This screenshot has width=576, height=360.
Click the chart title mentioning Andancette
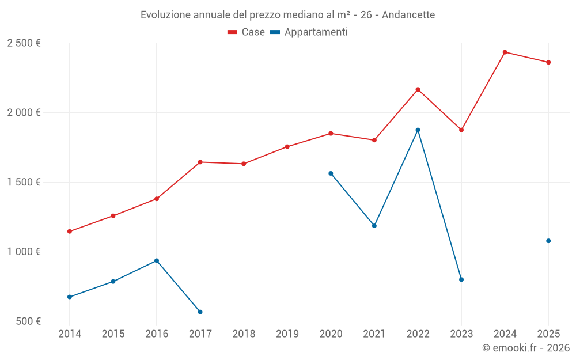[x=287, y=14]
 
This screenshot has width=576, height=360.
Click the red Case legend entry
[x=247, y=32]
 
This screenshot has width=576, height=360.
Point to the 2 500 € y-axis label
[x=24, y=43]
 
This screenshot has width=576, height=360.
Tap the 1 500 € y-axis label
[x=24, y=182]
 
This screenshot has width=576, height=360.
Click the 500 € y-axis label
[x=28, y=321]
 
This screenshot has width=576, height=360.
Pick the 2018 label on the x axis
[x=244, y=334]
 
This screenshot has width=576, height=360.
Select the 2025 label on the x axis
[x=548, y=334]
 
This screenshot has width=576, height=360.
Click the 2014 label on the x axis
[x=70, y=334]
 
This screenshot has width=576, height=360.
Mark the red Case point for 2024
[x=505, y=52]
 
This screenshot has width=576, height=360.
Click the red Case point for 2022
[x=418, y=89]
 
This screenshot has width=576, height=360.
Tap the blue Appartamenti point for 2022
[x=418, y=130]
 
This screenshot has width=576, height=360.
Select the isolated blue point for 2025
[x=548, y=241]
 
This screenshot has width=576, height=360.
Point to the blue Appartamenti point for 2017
[x=200, y=312]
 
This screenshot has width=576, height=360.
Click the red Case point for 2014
[x=70, y=232]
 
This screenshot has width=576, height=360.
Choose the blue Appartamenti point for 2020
[x=331, y=173]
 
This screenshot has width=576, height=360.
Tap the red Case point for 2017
[x=200, y=162]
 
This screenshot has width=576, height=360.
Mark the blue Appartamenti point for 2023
[x=461, y=279]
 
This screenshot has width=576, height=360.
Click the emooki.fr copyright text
[x=525, y=348]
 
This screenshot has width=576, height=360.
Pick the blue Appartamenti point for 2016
[x=157, y=261]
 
